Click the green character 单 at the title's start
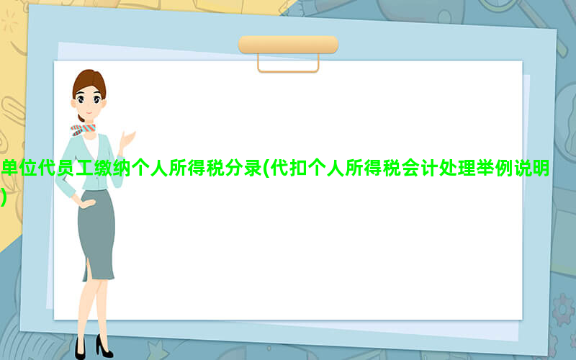(x=10, y=168)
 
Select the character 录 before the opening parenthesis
(x=253, y=168)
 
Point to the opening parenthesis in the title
(x=266, y=168)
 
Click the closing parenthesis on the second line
(x=4, y=197)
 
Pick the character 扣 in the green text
(x=299, y=168)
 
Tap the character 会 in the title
(x=410, y=168)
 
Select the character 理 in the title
(x=467, y=168)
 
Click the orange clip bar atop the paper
(x=289, y=45)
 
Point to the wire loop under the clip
(x=289, y=71)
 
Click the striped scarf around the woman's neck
(x=83, y=130)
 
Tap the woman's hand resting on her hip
(x=86, y=203)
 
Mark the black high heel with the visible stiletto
(x=104, y=346)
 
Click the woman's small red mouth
(x=89, y=112)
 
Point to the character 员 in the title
(x=66, y=168)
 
